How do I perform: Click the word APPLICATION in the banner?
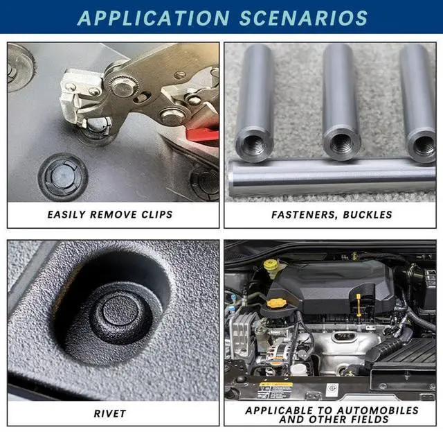pos(153,18)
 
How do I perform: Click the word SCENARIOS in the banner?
pos(303,18)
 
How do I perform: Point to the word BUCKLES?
pos(368,215)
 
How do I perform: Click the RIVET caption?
pos(109,413)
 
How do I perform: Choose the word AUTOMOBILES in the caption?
pos(377,411)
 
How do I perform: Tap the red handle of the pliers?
pos(203,135)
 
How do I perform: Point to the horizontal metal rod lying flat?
pos(332,178)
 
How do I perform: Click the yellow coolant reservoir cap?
pos(271,266)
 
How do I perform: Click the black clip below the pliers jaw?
pos(63,176)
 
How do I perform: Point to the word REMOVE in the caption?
pos(114,214)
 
